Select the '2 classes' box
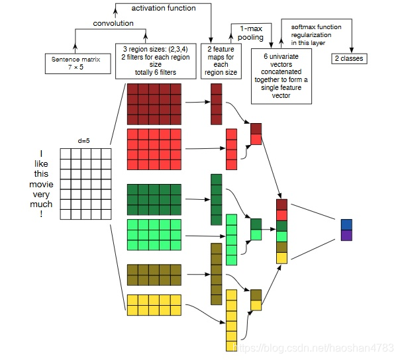click(x=348, y=59)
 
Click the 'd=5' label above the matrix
click(x=85, y=141)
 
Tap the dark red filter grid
click(x=154, y=104)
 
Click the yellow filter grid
click(x=154, y=305)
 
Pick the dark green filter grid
click(x=154, y=199)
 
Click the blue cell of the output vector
click(x=347, y=224)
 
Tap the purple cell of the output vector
click(x=347, y=235)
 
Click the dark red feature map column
click(x=217, y=103)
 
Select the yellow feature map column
click(x=231, y=320)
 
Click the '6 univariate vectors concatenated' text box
click(x=281, y=75)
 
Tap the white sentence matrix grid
click(x=84, y=183)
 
